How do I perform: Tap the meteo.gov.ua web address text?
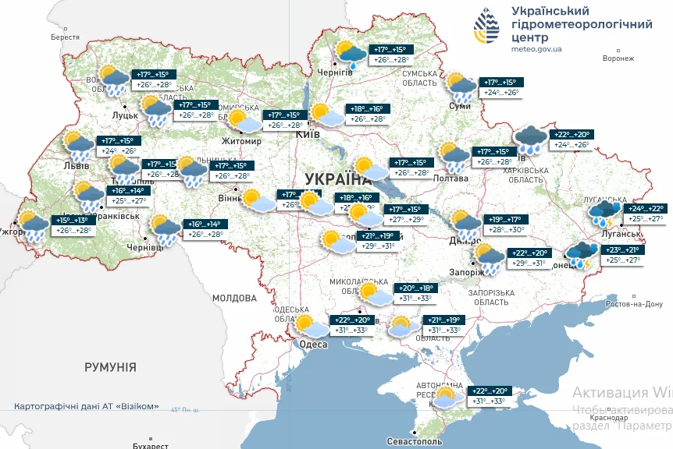[536, 48]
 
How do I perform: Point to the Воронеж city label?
[619, 58]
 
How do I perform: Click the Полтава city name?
[450, 179]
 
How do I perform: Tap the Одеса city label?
[313, 345]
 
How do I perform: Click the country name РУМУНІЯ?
[110, 366]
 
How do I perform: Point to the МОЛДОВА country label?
[234, 298]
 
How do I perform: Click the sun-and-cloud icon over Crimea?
[445, 398]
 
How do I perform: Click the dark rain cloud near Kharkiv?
[530, 140]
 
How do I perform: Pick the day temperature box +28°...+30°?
[506, 229]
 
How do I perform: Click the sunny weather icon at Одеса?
[306, 323]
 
